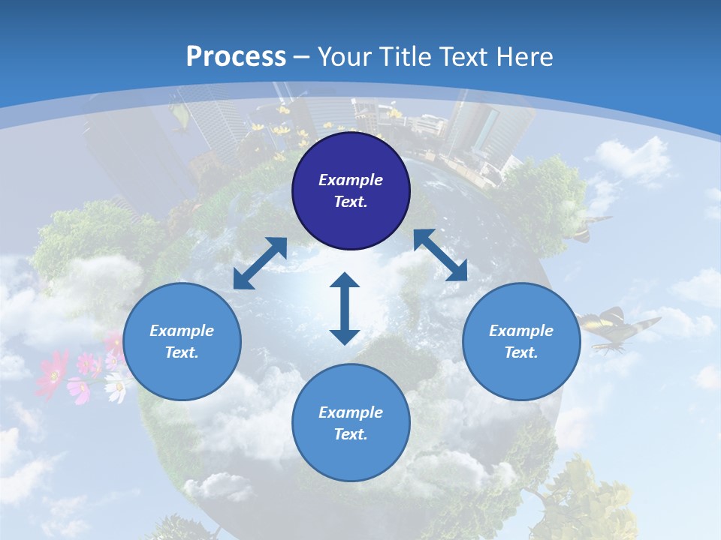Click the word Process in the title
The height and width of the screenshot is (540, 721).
point(236,57)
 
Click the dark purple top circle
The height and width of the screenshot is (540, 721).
point(351,190)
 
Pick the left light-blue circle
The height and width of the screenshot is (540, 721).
point(182,341)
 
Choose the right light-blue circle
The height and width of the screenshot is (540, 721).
point(521,341)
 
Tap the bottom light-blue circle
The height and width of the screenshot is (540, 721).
point(351,422)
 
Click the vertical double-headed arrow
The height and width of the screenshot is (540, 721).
point(345,308)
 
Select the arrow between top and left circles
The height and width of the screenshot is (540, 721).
point(260,263)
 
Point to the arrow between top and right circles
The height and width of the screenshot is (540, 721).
point(440,255)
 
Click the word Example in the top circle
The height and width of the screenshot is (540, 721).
point(351,180)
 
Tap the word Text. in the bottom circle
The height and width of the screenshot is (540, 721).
point(351,434)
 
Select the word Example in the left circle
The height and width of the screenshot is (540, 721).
point(182,331)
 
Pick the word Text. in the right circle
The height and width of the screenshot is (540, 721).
point(521,352)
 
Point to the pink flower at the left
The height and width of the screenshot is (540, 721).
point(53,373)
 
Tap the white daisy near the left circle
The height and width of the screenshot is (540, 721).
point(116,388)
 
